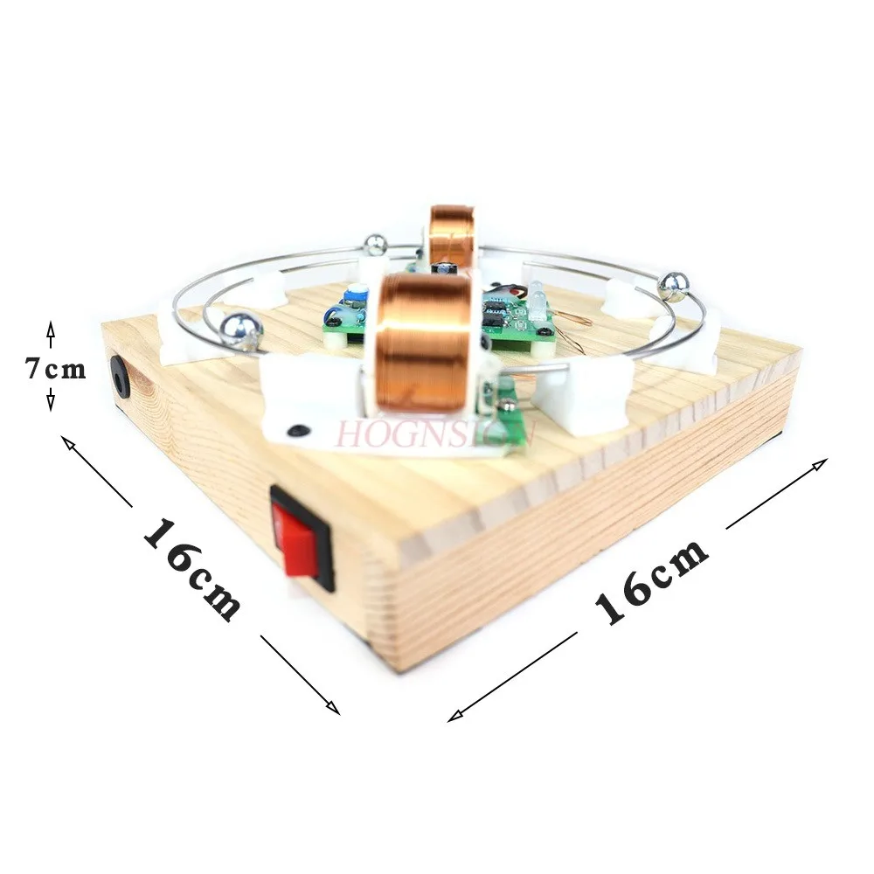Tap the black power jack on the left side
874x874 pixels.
121,377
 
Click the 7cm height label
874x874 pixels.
55,370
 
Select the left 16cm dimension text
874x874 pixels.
191,569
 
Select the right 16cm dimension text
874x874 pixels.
651,581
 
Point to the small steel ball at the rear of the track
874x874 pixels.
375,245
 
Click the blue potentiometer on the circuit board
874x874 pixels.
356,296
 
